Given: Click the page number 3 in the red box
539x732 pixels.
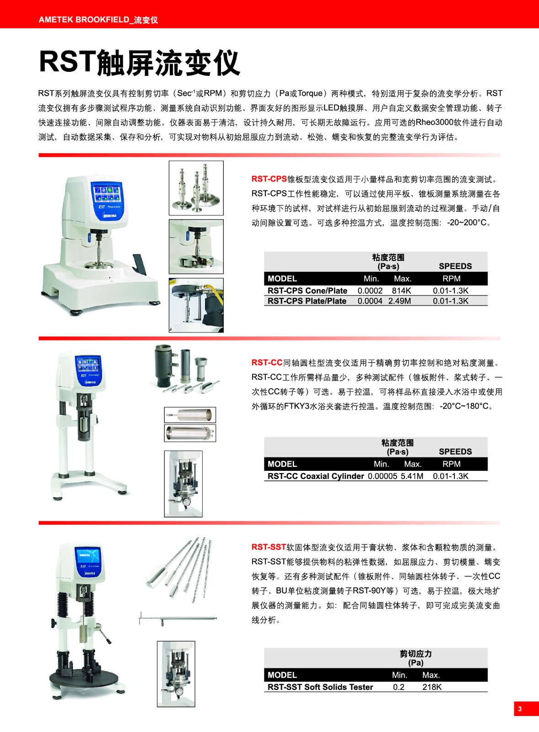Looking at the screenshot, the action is coord(520,709).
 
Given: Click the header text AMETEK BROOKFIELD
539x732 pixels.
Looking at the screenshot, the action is coord(84,20).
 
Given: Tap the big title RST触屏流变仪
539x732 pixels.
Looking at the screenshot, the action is coord(140,62).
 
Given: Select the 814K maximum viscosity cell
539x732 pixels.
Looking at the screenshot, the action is coord(401,291).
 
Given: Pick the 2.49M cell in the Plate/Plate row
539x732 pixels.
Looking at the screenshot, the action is coord(399,301).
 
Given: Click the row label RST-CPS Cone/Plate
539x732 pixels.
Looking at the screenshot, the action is coord(307,291).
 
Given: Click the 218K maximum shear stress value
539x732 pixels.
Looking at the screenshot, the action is coord(432,687).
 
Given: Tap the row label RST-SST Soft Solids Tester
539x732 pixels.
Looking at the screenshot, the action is coord(320,687).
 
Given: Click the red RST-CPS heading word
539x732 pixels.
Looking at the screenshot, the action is coord(269,179).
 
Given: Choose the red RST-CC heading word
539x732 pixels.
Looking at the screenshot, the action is coord(267,362).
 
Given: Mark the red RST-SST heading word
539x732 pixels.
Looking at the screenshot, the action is coord(269,547).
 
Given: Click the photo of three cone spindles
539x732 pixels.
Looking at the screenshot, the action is coord(196,188).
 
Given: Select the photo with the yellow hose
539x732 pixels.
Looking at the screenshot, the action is coord(196,305).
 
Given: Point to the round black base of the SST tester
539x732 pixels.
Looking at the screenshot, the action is coord(84,679).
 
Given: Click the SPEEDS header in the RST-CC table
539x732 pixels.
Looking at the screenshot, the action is coord(455,452).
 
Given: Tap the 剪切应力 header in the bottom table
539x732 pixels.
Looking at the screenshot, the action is coord(415,654).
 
